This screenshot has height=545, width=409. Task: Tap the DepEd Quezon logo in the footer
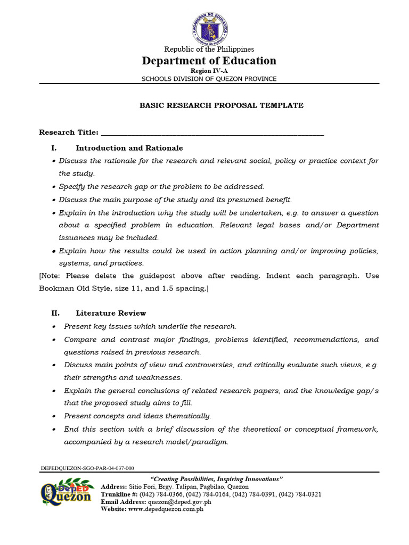tap(66, 494)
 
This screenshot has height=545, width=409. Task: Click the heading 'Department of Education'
tap(209, 61)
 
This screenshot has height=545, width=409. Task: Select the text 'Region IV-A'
tap(209, 71)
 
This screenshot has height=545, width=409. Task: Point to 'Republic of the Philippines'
tap(209, 49)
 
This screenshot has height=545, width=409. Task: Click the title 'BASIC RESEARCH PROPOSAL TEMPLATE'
tap(222, 105)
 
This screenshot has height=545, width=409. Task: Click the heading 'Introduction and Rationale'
tap(129, 148)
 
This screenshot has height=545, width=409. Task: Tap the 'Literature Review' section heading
tap(111, 313)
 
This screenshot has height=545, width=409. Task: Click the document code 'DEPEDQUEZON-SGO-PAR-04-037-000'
tap(87, 468)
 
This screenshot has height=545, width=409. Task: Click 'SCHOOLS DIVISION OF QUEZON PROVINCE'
tap(209, 79)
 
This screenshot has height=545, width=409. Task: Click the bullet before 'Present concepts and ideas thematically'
tap(54, 416)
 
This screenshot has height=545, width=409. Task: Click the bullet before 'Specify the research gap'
tap(54, 187)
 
